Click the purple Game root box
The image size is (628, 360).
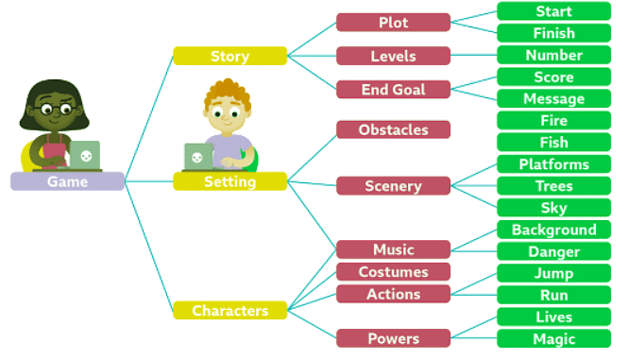click(67, 181)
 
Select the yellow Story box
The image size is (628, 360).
click(229, 56)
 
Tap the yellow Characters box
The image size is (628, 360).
click(229, 310)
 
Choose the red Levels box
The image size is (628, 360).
click(393, 56)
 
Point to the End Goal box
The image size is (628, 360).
click(393, 90)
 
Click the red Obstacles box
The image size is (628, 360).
click(393, 129)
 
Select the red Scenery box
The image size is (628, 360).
click(393, 186)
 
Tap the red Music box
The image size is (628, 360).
click(393, 249)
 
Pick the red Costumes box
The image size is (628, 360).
click(393, 272)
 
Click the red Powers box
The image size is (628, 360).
click(393, 338)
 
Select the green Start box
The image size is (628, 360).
click(553, 11)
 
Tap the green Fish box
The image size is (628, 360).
click(553, 143)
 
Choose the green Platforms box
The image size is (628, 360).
click(553, 164)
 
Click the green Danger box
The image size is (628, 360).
click(553, 252)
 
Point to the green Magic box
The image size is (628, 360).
click(553, 339)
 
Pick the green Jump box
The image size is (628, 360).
click(553, 273)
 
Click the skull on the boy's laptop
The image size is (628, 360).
click(196, 158)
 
